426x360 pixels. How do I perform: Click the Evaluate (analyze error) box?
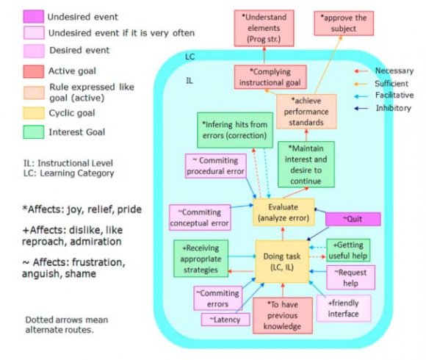click(284, 212)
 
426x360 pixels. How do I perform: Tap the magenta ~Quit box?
click(353, 219)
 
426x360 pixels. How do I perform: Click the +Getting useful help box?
click(347, 249)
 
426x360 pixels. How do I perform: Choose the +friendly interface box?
click(344, 309)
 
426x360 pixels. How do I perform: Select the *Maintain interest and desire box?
click(306, 162)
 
